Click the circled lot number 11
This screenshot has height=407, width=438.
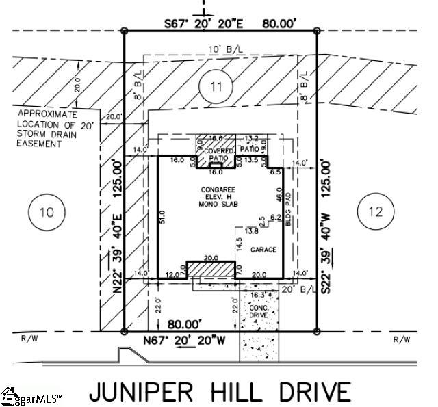(x=216, y=87)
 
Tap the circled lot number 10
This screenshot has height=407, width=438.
(x=46, y=211)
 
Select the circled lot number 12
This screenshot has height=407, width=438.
(x=375, y=211)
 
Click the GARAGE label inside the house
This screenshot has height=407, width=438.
(x=263, y=250)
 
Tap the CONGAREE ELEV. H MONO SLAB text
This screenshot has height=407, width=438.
(x=217, y=196)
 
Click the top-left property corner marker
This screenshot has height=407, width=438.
(x=124, y=31)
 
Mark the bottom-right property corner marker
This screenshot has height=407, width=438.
(x=316, y=332)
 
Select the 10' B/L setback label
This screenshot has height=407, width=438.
(x=220, y=50)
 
